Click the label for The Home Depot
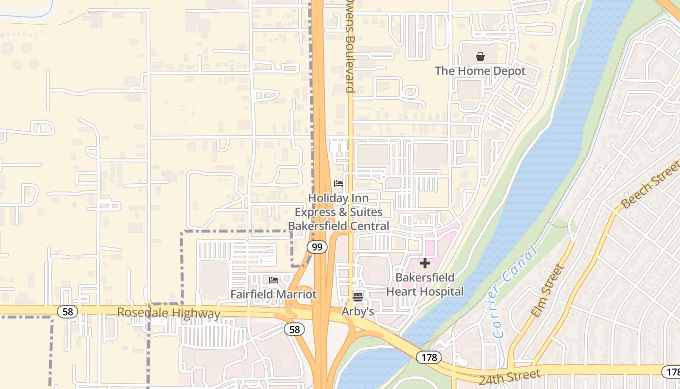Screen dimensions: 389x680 pos(480,71)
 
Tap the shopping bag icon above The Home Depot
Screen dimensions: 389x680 pos(480,56)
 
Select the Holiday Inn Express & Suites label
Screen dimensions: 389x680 pos(339,212)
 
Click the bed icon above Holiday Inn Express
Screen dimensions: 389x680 pos(339,184)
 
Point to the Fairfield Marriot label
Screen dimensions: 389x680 pos(273,294)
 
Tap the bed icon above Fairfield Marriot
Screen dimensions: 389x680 pos(273,280)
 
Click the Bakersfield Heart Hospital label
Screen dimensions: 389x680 pos(425,284)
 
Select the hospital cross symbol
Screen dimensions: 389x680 pos(425,263)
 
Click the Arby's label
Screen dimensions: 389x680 pos(358,311)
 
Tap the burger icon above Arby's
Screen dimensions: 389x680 pos(358,297)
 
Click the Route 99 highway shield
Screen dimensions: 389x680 pos(317,247)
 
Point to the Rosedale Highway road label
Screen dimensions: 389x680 pos(169,313)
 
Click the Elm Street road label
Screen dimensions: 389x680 pos(548,291)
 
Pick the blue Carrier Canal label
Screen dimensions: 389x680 pos(515,292)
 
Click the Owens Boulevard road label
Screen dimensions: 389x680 pos(349,46)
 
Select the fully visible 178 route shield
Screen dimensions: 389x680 pos(429,357)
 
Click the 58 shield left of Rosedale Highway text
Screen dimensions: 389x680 pos(68,311)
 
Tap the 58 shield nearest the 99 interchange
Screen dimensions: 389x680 pos(294,329)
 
